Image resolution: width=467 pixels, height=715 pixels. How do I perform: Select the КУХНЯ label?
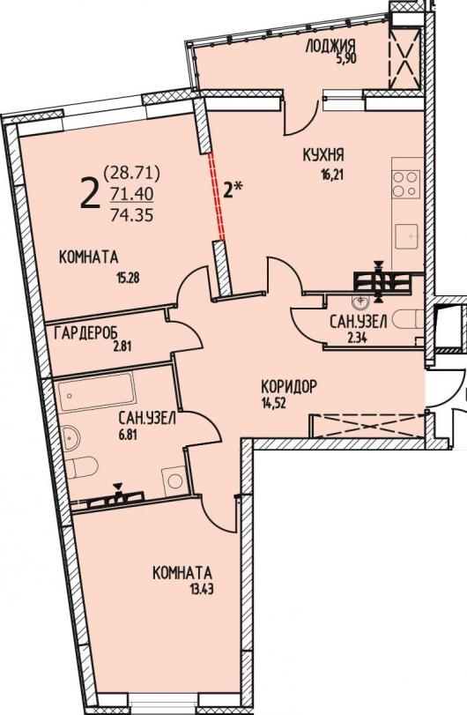[323, 155]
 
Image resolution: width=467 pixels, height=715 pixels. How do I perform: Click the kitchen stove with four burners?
[406, 183]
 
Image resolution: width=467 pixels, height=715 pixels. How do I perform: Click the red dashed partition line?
[217, 197]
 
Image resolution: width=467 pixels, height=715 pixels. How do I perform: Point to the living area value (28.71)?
[131, 173]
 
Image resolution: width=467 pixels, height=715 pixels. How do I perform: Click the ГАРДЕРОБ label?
[83, 334]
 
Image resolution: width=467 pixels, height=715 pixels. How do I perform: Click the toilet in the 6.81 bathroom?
[81, 467]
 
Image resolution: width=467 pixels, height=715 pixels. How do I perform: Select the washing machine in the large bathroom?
[174, 480]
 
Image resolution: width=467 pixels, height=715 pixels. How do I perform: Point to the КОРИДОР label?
[288, 388]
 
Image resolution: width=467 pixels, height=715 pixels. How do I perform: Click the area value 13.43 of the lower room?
[202, 590]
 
